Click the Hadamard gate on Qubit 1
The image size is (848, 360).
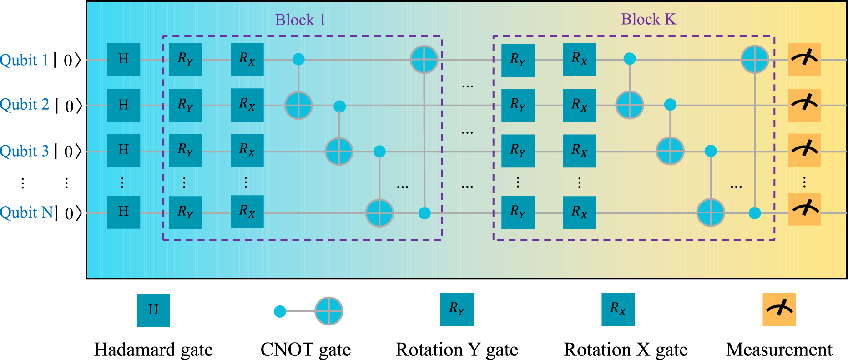(123, 60)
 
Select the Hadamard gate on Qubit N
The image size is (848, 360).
(123, 212)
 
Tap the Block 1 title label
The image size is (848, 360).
(300, 20)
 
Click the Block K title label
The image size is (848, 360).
(648, 19)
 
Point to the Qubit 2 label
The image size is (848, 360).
(25, 105)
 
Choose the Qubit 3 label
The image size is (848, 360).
(25, 151)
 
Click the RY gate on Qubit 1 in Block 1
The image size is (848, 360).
(185, 60)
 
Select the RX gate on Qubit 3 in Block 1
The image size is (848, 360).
(247, 150)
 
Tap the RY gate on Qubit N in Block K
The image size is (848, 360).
(518, 212)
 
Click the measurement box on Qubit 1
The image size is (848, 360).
(804, 60)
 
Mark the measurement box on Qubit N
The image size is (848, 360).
(804, 209)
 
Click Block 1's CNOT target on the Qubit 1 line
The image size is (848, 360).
(424, 60)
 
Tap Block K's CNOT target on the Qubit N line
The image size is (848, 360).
(711, 212)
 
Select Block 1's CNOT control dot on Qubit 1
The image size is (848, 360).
(298, 59)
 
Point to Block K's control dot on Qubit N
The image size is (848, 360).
(755, 213)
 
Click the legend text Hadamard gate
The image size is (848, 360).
(153, 350)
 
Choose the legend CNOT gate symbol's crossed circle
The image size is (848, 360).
(328, 311)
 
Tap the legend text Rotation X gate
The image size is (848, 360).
(626, 350)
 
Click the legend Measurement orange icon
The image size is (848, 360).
(779, 309)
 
